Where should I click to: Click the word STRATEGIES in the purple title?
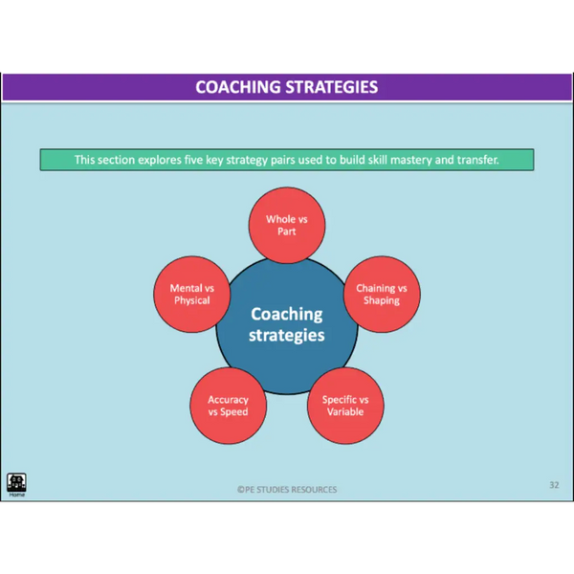tap(332, 87)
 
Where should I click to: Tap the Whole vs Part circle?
tap(287, 225)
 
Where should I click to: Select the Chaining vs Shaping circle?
tap(382, 295)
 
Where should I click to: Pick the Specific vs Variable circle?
tap(345, 406)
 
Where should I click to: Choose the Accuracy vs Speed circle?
tap(228, 406)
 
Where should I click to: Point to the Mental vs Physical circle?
tap(192, 295)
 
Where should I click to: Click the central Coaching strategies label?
tap(287, 324)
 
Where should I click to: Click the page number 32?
tap(554, 485)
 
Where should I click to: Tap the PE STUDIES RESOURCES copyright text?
tap(287, 490)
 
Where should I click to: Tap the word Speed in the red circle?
tap(234, 411)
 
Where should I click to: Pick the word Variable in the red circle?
tap(345, 411)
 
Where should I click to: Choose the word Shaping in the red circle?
tap(382, 300)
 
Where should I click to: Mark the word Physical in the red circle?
tap(192, 300)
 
